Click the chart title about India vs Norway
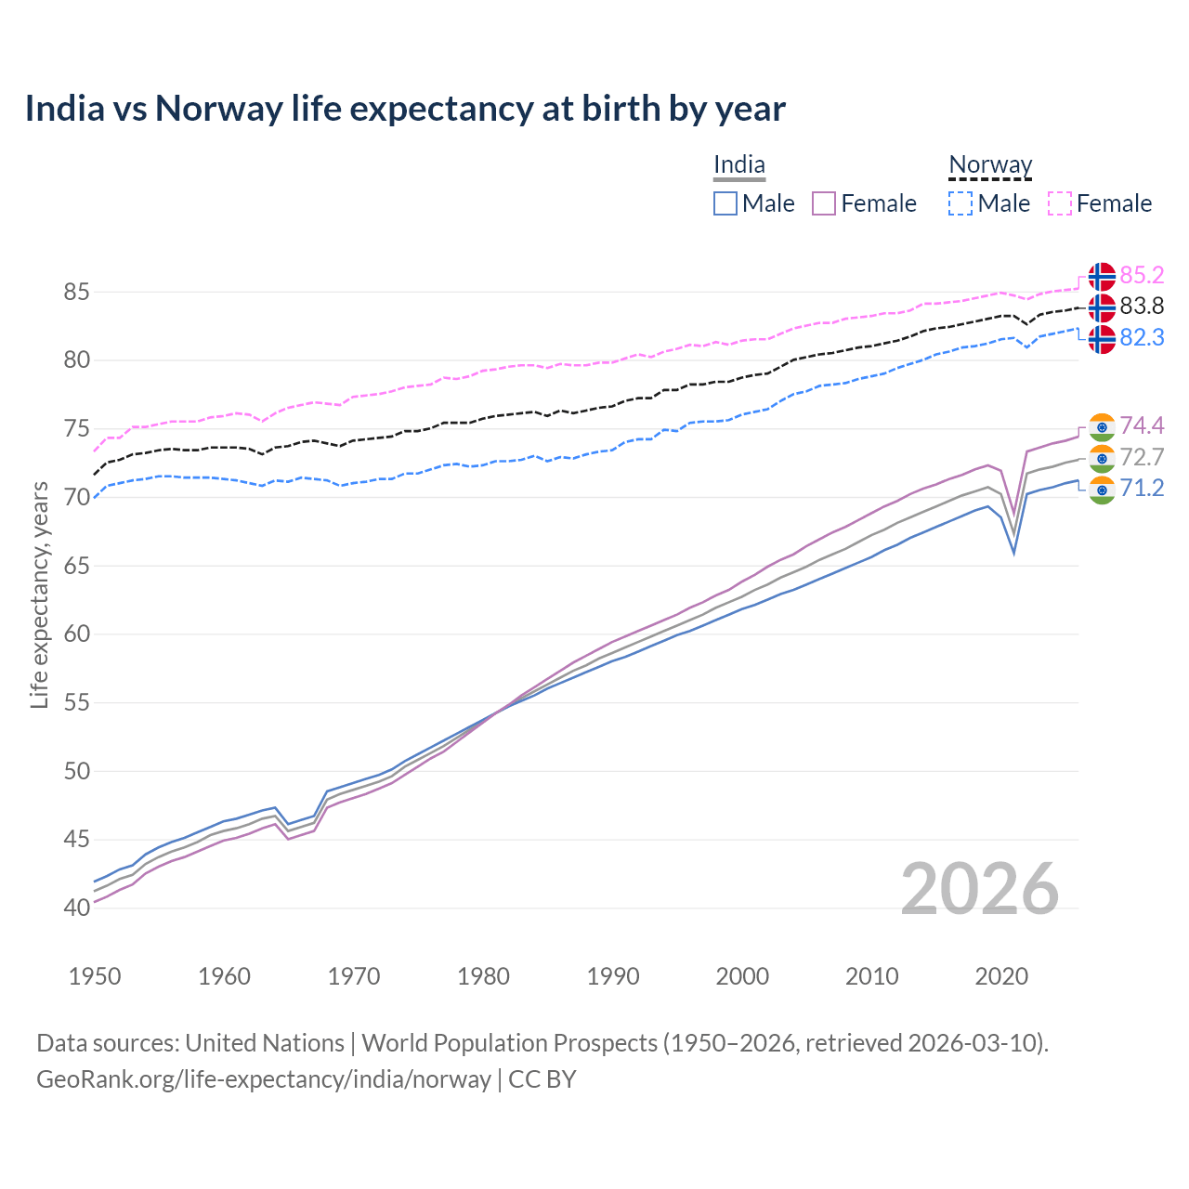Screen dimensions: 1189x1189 click(x=405, y=109)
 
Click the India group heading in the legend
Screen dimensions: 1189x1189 click(x=739, y=165)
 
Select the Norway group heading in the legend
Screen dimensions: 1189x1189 click(x=990, y=165)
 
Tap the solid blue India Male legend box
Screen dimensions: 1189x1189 click(x=725, y=203)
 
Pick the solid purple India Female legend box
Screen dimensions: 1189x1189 click(x=824, y=203)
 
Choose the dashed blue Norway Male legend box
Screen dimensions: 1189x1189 click(x=960, y=203)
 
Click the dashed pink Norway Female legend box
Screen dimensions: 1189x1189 click(x=1060, y=203)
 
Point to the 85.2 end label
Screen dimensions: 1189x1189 click(x=1142, y=275)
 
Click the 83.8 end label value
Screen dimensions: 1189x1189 click(x=1142, y=306)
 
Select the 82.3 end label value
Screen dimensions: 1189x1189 click(x=1142, y=337)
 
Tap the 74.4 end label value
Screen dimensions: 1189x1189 click(x=1142, y=425)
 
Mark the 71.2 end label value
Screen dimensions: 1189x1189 click(x=1142, y=488)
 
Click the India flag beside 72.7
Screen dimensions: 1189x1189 click(x=1102, y=458)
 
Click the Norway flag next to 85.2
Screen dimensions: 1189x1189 click(x=1102, y=277)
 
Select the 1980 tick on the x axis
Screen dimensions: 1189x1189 click(x=483, y=976)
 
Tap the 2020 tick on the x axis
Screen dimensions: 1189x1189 click(x=1001, y=976)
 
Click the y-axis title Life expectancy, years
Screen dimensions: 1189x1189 click(x=39, y=594)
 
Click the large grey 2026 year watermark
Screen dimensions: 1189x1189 click(x=980, y=889)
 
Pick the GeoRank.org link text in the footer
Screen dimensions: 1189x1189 click(x=264, y=1079)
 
